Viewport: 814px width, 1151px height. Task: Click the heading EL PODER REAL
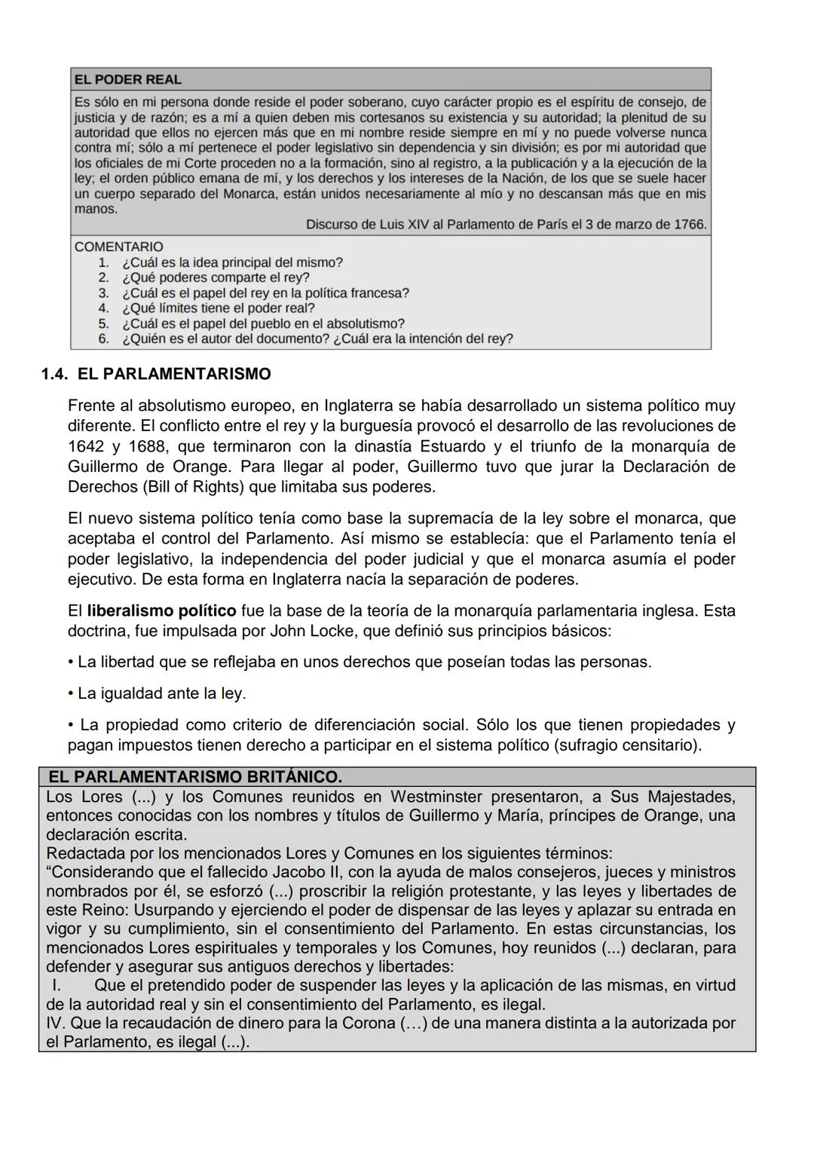(127, 80)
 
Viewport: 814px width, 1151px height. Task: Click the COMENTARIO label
(118, 246)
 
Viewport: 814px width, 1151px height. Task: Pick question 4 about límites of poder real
(218, 308)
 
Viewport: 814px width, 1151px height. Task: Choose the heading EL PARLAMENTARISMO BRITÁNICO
(195, 776)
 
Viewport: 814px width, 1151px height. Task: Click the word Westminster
(435, 797)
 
